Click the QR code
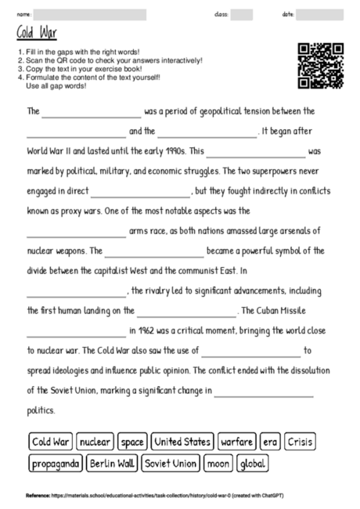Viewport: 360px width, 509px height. click(321, 65)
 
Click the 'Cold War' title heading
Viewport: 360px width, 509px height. click(37, 34)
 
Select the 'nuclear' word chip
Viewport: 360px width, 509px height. click(95, 442)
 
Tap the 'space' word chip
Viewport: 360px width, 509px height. click(132, 442)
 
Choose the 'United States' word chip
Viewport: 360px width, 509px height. click(182, 442)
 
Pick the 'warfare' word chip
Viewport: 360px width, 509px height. click(236, 442)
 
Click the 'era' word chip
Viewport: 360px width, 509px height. click(271, 442)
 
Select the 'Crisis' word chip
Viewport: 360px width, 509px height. click(300, 442)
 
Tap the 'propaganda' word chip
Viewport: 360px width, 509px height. click(56, 464)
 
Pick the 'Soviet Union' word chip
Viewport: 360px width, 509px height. click(171, 464)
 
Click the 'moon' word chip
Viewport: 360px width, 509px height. click(218, 464)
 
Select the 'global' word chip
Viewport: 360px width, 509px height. click(254, 464)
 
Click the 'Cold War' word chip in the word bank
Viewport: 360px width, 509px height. click(51, 442)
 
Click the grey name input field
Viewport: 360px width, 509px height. click(90, 14)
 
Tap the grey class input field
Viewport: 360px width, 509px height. click(242, 14)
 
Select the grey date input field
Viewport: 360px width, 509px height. click(320, 14)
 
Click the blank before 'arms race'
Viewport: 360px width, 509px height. click(76, 231)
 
